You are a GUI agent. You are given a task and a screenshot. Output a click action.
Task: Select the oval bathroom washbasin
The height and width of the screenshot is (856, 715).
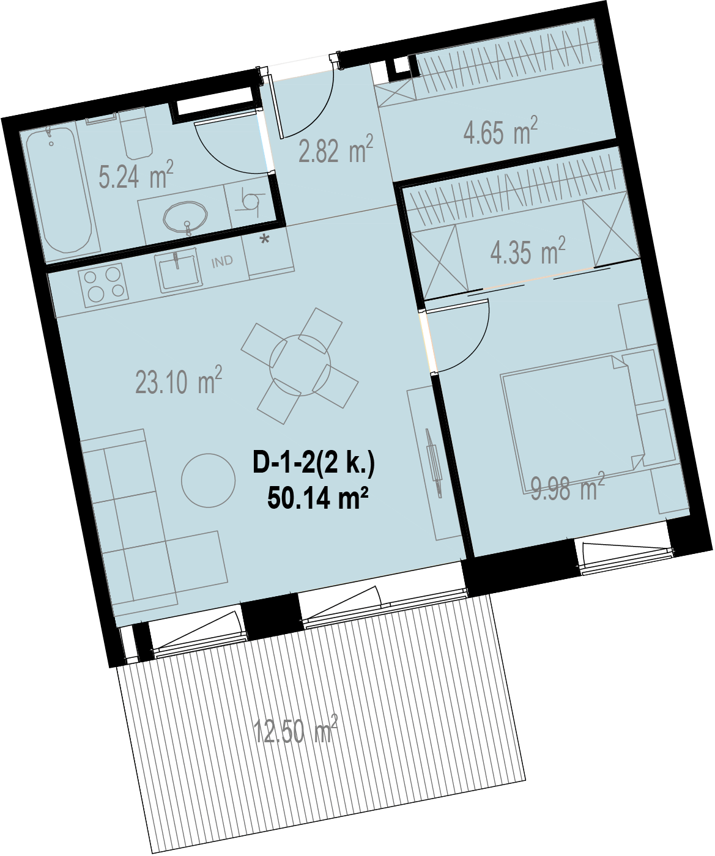(185, 216)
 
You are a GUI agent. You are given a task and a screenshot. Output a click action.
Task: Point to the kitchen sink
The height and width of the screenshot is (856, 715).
(179, 272)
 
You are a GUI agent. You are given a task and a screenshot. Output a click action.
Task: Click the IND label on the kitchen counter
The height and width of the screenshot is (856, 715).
(222, 261)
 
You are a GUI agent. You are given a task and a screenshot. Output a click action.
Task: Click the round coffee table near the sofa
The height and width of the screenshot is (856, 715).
(209, 481)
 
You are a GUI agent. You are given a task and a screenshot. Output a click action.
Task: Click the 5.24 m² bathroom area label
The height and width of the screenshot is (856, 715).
(136, 175)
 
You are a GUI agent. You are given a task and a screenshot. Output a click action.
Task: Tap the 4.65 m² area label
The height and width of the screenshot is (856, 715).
(500, 131)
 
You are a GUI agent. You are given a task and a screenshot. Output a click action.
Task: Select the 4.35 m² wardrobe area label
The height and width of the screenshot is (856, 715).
(528, 251)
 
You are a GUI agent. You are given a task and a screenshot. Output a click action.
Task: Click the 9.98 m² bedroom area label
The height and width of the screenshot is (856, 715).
(568, 487)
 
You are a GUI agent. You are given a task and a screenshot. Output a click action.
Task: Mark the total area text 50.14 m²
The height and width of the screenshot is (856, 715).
(317, 498)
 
